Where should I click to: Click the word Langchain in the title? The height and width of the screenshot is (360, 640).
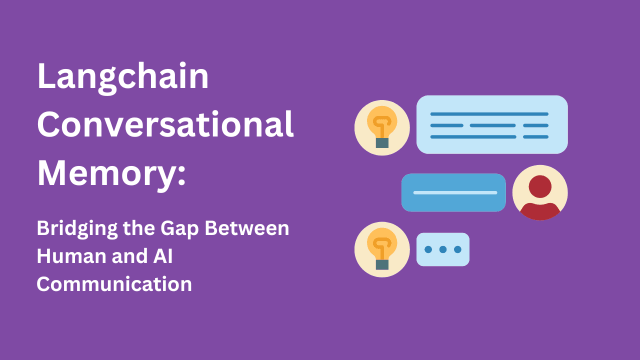pyautogui.click(x=122, y=78)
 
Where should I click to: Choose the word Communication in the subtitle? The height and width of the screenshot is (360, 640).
pyautogui.click(x=114, y=284)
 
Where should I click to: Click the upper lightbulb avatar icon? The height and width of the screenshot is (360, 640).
pyautogui.click(x=382, y=127)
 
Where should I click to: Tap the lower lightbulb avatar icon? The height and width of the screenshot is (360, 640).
pyautogui.click(x=382, y=249)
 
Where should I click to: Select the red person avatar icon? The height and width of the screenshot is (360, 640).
pyautogui.click(x=540, y=192)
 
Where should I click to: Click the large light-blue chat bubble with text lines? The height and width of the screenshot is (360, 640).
pyautogui.click(x=492, y=124)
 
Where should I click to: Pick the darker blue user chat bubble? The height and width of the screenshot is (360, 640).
pyautogui.click(x=453, y=192)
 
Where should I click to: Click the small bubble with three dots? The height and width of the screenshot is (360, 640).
pyautogui.click(x=443, y=249)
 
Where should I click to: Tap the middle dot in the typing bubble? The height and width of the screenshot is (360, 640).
pyautogui.click(x=443, y=249)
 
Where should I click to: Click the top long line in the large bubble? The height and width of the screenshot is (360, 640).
pyautogui.click(x=489, y=114)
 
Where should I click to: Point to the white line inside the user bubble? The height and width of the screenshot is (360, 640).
pyautogui.click(x=455, y=192)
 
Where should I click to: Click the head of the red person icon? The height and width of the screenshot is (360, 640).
pyautogui.click(x=540, y=186)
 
